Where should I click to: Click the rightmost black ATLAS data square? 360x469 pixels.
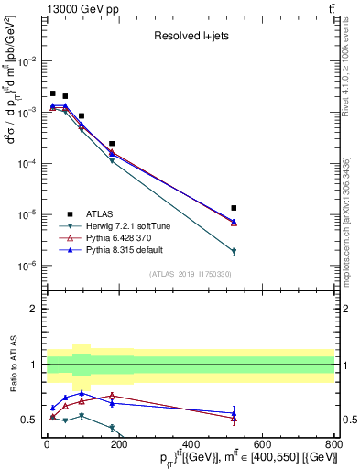click(x=235, y=208)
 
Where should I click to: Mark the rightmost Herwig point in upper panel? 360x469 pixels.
click(x=235, y=251)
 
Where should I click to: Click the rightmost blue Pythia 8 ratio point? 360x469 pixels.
click(x=235, y=412)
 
